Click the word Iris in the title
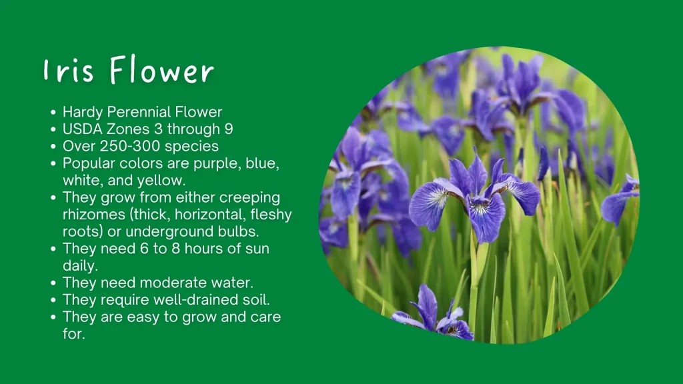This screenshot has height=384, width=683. pyautogui.click(x=69, y=70)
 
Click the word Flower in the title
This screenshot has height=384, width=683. pyautogui.click(x=161, y=69)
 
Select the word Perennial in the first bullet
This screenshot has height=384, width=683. pyautogui.click(x=139, y=112)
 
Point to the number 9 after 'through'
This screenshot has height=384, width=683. pyautogui.click(x=229, y=129)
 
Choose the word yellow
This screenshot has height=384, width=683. pyautogui.click(x=161, y=180)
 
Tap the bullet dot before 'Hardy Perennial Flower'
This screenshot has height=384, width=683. pyautogui.click(x=53, y=113)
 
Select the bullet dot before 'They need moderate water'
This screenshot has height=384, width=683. pyautogui.click(x=53, y=283)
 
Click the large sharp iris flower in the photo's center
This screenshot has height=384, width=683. pyautogui.click(x=475, y=198)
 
